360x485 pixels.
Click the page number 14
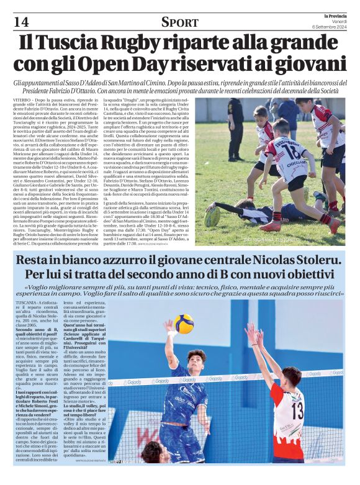click(x=12, y=22)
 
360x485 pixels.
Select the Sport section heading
click(x=179, y=22)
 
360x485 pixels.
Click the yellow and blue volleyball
click(x=183, y=324)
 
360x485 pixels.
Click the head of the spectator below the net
click(x=152, y=451)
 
